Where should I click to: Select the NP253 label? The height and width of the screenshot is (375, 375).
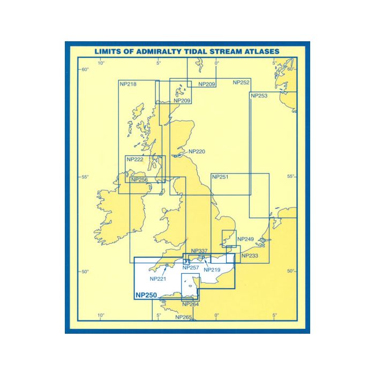pos(259,95)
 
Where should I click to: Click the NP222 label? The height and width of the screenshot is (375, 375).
pos(135,160)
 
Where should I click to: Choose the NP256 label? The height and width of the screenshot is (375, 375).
pos(139,180)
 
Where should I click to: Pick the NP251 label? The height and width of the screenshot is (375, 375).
pos(220,177)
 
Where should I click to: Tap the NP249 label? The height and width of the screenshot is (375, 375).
pos(245,239)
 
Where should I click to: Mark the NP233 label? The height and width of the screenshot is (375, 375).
pos(250,256)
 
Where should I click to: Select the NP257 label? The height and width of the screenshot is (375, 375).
pos(191,267)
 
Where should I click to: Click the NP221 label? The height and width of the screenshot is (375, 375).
pos(158,279)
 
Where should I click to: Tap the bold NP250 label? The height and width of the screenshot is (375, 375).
pos(146,295)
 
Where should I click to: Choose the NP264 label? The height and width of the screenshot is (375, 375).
pos(191,304)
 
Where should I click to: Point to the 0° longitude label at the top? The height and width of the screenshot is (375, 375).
pos(216,63)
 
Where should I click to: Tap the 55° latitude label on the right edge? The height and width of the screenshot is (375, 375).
pos(291,176)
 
